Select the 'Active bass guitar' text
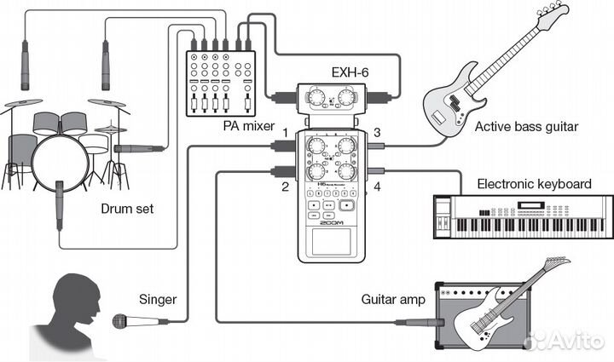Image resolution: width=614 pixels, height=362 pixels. [x=526, y=127]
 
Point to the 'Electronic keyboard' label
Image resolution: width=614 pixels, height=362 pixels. [x=534, y=183]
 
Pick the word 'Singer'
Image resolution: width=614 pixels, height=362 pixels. [x=158, y=299]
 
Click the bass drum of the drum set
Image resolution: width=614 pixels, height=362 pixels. [x=60, y=162]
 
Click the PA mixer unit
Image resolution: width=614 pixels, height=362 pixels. [x=220, y=83]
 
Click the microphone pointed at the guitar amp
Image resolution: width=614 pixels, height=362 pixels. [x=422, y=322]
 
